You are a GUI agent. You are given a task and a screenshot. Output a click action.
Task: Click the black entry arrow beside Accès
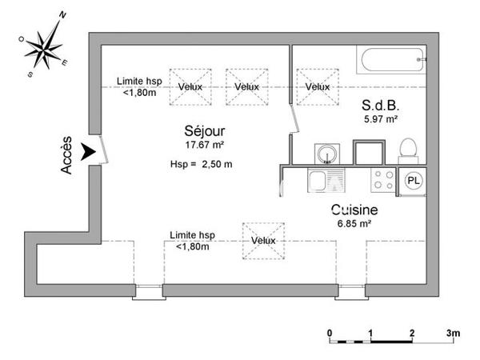point(87,150)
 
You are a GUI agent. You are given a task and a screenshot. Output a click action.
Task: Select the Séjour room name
point(204,131)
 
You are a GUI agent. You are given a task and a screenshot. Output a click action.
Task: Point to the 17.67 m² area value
point(204,145)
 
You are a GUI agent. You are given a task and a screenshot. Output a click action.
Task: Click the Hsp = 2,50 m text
point(201,165)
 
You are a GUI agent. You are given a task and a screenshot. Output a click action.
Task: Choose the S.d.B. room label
point(381,106)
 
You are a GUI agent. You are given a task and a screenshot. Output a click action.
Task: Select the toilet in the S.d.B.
point(408,150)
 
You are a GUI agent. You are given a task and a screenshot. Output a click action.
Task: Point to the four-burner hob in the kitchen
point(382,180)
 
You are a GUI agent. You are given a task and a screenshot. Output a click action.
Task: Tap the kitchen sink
point(327,181)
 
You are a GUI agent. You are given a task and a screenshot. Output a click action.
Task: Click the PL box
point(414,181)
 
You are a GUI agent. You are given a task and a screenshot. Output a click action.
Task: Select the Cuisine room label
point(354,210)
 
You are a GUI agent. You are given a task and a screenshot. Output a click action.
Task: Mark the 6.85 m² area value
point(354,224)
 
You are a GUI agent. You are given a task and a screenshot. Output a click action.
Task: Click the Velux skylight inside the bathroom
point(317,86)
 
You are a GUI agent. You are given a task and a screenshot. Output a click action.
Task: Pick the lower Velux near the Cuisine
point(263,240)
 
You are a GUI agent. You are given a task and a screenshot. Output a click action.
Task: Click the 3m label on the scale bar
point(454,332)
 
